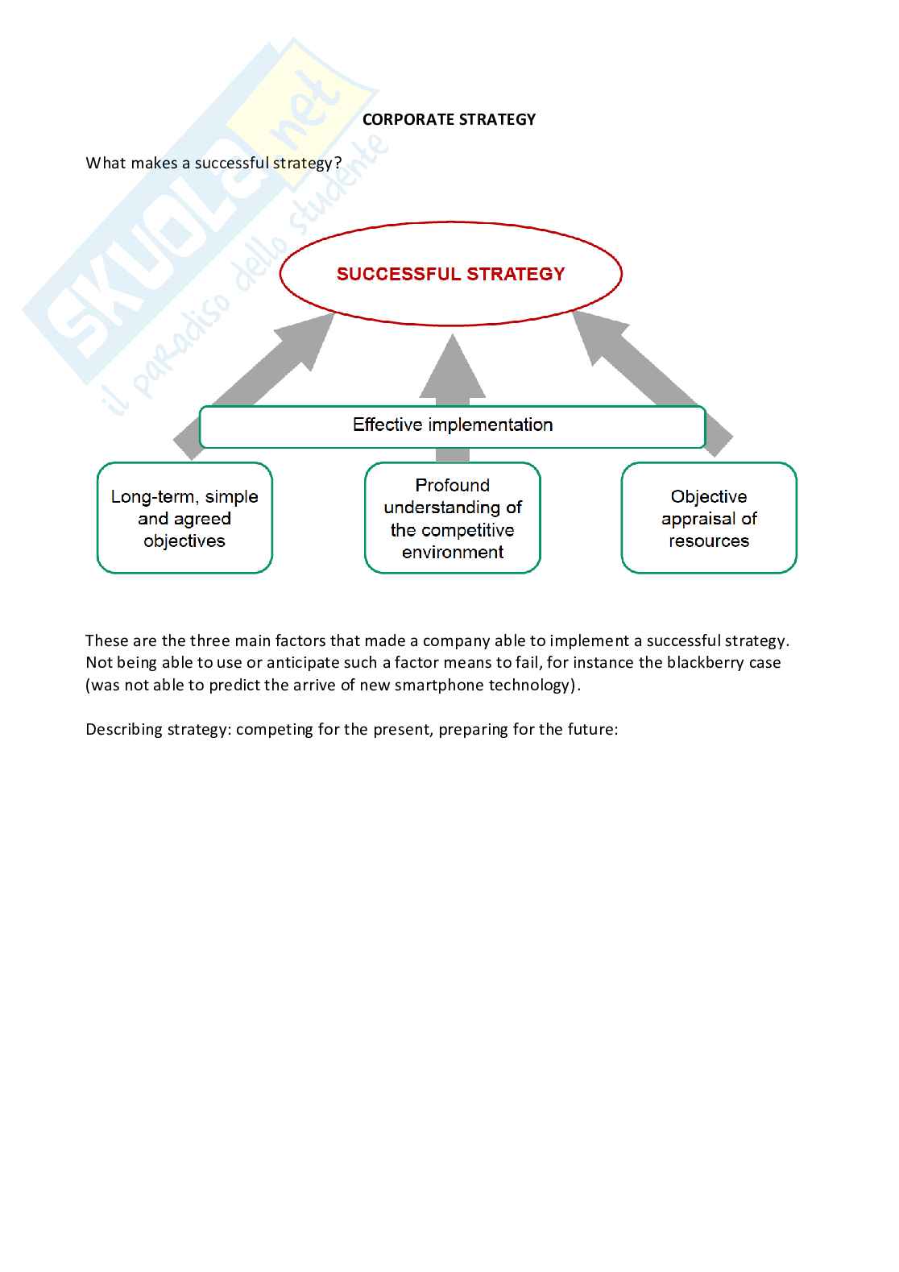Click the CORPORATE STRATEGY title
click(x=449, y=119)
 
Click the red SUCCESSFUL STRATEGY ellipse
click(x=450, y=274)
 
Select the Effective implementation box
click(x=452, y=425)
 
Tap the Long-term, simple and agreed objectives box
click(x=184, y=518)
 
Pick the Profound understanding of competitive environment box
click(x=452, y=518)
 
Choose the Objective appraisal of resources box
click(x=709, y=518)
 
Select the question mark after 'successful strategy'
click(x=338, y=164)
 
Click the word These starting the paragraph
click(x=105, y=641)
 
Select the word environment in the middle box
click(x=453, y=553)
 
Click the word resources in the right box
click(x=709, y=541)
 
